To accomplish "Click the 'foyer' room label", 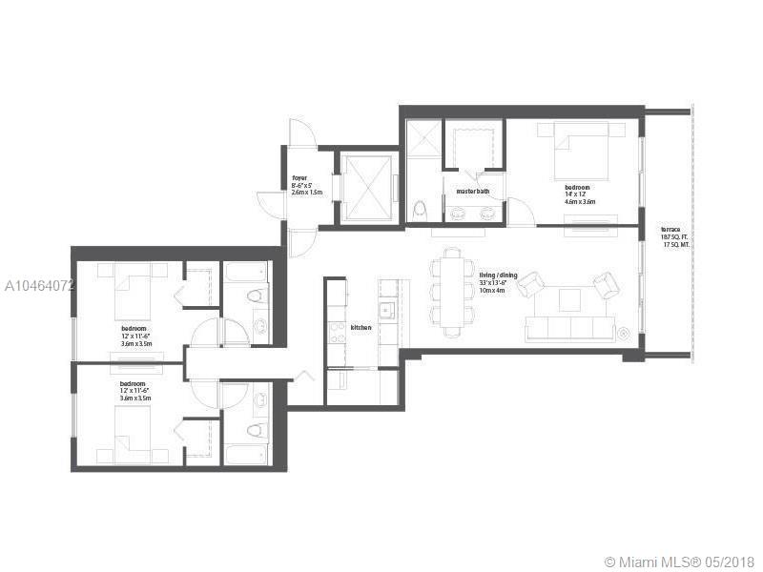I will pos(299,177).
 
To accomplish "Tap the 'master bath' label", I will pos(472,192).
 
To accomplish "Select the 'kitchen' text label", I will pos(361,327).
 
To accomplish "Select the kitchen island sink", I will pos(386,311).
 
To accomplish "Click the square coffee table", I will pos(570,299).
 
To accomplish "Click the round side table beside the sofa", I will pos(622,333).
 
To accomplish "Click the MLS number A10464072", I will pos(38,285).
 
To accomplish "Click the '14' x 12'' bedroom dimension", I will pos(579,194).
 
